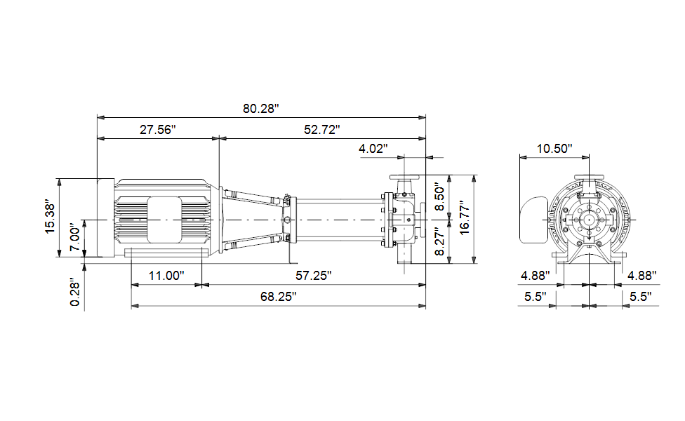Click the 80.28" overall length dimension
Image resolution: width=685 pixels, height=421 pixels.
pos(261,108)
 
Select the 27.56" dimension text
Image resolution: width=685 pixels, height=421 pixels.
pos(158,129)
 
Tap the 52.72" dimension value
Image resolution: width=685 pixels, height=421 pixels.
pos(322,129)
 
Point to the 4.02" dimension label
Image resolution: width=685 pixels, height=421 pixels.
pos(373,149)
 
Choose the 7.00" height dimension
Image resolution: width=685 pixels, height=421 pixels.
pos(74,239)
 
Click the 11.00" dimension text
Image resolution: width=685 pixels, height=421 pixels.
pos(166,276)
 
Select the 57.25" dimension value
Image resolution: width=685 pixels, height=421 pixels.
pos(314,276)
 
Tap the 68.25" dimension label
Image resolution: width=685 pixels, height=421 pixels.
pos(278,297)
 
